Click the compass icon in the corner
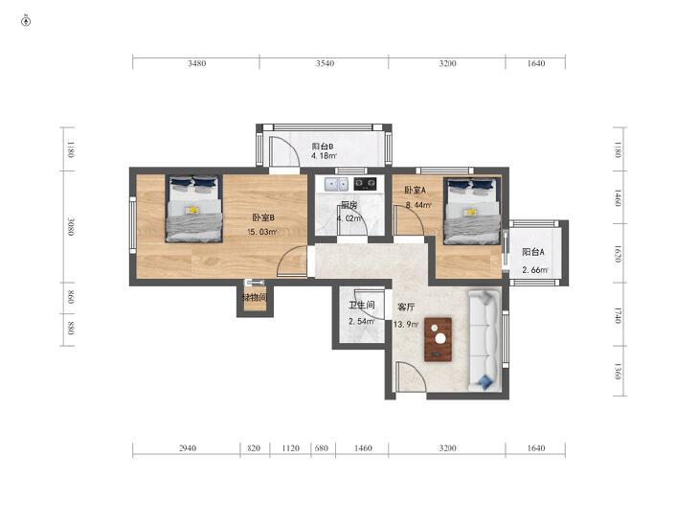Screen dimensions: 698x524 click(x=26, y=21)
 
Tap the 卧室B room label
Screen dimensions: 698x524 click(x=263, y=217)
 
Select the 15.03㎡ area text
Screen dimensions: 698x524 click(x=262, y=232)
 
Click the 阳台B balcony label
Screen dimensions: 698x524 click(x=323, y=146)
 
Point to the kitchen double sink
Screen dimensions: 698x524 click(x=336, y=183)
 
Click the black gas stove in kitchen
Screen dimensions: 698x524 click(x=365, y=183)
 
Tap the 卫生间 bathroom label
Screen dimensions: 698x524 click(x=362, y=305)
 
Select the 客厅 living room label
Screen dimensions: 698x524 click(x=406, y=307)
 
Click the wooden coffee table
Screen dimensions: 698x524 click(x=438, y=339)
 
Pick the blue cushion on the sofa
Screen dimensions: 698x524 click(x=485, y=381)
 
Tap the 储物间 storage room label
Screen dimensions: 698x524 click(x=255, y=297)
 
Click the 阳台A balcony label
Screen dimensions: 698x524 click(x=533, y=252)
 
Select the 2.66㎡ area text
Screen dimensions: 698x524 click(x=535, y=270)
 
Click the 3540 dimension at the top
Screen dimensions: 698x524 click(x=325, y=63)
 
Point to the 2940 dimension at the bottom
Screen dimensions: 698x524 click(x=188, y=448)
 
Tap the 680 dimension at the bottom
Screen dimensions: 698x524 click(x=322, y=448)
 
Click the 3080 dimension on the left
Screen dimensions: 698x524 click(x=71, y=227)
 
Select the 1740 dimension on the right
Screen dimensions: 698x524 click(x=618, y=315)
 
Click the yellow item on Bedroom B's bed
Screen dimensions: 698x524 click(x=192, y=209)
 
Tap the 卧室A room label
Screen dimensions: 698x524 click(x=416, y=190)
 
